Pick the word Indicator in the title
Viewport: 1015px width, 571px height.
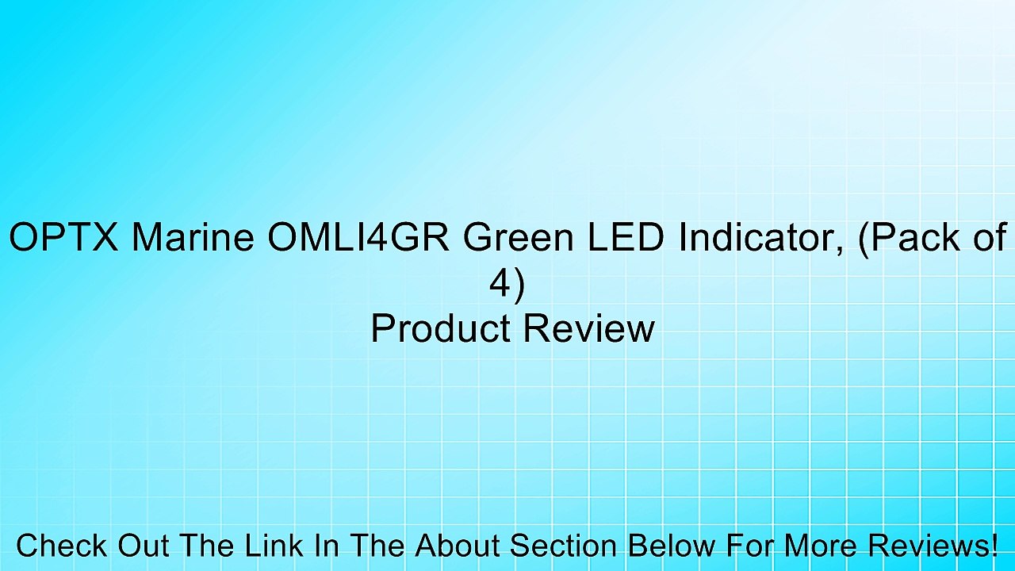point(760,238)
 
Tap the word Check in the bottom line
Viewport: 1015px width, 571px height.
point(62,546)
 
